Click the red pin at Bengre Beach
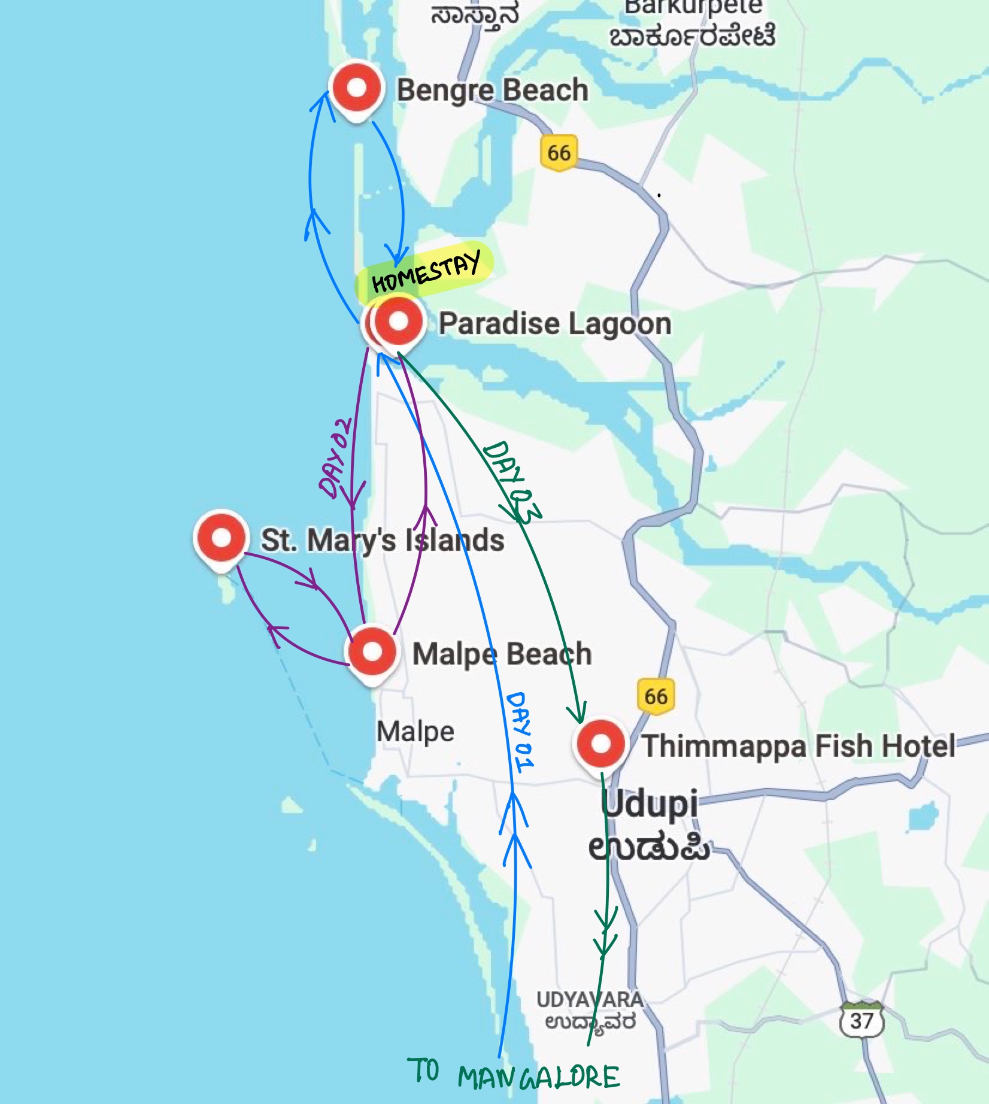[x=357, y=89]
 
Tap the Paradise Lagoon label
[x=554, y=323]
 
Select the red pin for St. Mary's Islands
[x=222, y=538]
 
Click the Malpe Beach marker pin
[x=372, y=652]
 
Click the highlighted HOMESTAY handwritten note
[x=425, y=271]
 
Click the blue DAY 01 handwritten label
[x=519, y=732]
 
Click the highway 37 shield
[x=861, y=1020]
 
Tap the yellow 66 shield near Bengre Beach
[x=559, y=153]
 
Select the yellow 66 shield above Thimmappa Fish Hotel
[x=656, y=696]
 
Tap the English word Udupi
[x=650, y=804]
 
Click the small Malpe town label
[x=415, y=732]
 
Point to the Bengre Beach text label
[x=492, y=90]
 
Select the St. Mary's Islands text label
[x=383, y=539]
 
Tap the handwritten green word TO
[x=423, y=1071]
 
